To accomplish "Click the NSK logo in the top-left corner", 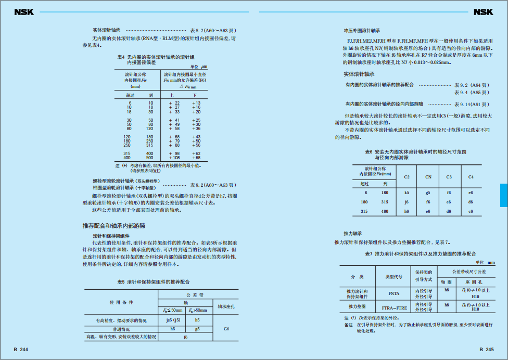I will pos(23,11).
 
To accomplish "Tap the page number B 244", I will pos(21,350).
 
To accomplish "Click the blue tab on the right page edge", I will pos(503,195).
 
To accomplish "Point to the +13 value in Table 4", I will pos(196,103).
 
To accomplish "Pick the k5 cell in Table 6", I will pos(407,192).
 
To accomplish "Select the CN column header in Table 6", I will pos(428,177).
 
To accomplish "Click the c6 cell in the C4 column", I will pos(471,211).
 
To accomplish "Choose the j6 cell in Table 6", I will pos(407,202).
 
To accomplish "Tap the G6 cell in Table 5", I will pos(226,329).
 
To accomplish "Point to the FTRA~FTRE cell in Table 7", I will pos(394,307).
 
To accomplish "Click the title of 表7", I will pos(421,254).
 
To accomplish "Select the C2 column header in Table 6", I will pos(407,177).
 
